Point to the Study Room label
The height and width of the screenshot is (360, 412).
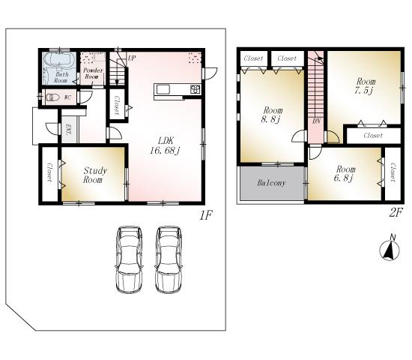click(94, 175)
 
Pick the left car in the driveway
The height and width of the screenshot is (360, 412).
click(129, 258)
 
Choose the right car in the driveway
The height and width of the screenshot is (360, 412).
click(170, 258)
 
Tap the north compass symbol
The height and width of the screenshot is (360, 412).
click(390, 250)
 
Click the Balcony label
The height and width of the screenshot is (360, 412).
click(270, 183)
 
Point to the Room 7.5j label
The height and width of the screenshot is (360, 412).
click(366, 85)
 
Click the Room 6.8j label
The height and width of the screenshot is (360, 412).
click(345, 174)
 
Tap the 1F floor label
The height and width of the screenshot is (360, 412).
click(206, 216)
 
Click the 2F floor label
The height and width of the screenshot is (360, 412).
click(396, 213)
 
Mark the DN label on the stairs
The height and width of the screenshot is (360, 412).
click(317, 120)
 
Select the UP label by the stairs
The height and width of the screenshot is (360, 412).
click(132, 58)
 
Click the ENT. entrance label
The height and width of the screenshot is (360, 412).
click(69, 129)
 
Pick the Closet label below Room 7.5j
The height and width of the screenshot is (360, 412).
click(372, 136)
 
